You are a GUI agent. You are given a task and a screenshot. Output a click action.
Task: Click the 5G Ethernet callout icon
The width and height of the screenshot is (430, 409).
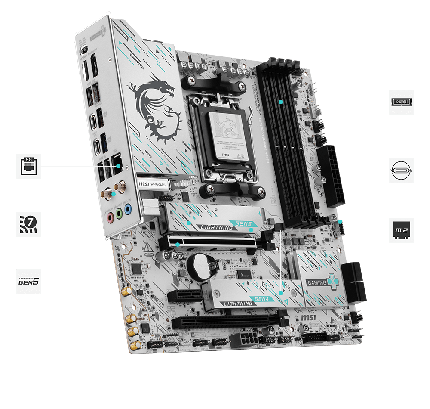[x=29, y=166]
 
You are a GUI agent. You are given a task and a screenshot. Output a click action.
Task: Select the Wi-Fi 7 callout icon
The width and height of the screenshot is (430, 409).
[x=29, y=224]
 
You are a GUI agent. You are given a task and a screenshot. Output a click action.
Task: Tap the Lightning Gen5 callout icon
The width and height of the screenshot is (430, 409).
[x=29, y=282]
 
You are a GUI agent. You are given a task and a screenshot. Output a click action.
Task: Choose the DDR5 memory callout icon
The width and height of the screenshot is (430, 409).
[x=402, y=102]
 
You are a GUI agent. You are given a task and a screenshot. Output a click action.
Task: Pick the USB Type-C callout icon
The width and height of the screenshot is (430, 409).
[x=402, y=170]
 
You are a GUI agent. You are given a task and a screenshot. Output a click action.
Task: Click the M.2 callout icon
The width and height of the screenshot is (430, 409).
[x=402, y=230]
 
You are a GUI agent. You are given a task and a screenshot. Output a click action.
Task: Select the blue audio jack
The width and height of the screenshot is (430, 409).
[x=127, y=210]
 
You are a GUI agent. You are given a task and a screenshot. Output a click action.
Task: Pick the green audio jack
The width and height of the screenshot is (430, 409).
[x=119, y=214]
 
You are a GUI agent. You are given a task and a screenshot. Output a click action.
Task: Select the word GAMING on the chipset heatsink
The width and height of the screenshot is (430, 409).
[x=316, y=283]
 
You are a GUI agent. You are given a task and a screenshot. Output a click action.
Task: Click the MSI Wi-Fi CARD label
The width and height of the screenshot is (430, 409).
[x=152, y=184]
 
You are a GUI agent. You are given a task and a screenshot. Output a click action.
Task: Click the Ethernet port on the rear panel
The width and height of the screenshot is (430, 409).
[x=117, y=163]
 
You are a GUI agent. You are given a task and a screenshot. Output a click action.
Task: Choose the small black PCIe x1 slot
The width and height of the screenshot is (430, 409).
[x=184, y=295]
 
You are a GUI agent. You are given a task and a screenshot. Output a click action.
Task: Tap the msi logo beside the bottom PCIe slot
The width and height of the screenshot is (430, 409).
[x=310, y=317]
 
